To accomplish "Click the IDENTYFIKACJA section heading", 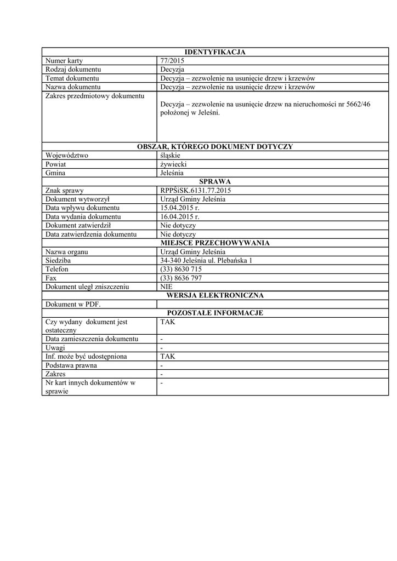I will click(x=215, y=52).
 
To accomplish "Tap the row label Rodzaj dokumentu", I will click(x=73, y=70).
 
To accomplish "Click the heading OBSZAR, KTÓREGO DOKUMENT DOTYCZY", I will click(x=215, y=146).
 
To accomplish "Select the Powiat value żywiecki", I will click(x=174, y=164).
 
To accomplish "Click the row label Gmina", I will click(x=55, y=173).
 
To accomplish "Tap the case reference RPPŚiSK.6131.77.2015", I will click(x=196, y=191).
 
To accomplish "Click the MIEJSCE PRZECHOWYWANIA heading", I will click(x=215, y=243).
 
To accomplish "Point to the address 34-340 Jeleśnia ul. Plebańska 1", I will click(x=206, y=261).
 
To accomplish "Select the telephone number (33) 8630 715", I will click(x=181, y=270).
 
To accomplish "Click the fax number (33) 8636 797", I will click(x=181, y=278).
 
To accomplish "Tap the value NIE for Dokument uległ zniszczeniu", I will click(x=166, y=287).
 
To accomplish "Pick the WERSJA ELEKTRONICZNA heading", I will click(x=215, y=295).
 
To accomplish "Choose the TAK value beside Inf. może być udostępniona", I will click(x=167, y=357).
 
